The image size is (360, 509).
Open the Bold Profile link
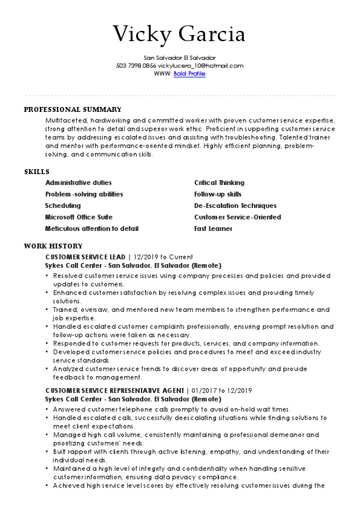(189, 74)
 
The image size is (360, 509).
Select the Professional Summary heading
(73, 109)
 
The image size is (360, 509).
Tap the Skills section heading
(36, 172)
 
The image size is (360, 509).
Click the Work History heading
(53, 246)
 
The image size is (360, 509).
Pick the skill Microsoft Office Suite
(79, 217)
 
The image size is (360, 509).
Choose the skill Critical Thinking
(219, 183)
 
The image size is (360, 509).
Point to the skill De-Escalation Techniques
(235, 206)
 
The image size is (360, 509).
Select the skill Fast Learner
(213, 229)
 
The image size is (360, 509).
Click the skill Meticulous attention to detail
(92, 229)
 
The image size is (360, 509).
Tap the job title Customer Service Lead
(85, 257)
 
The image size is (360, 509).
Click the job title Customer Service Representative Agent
(115, 391)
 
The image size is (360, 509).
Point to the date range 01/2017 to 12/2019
(221, 391)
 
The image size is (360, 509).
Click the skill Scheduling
(63, 206)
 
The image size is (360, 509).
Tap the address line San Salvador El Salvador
(180, 57)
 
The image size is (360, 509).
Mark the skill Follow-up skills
(218, 194)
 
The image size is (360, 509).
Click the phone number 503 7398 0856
(136, 66)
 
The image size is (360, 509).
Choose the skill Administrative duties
(79, 183)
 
